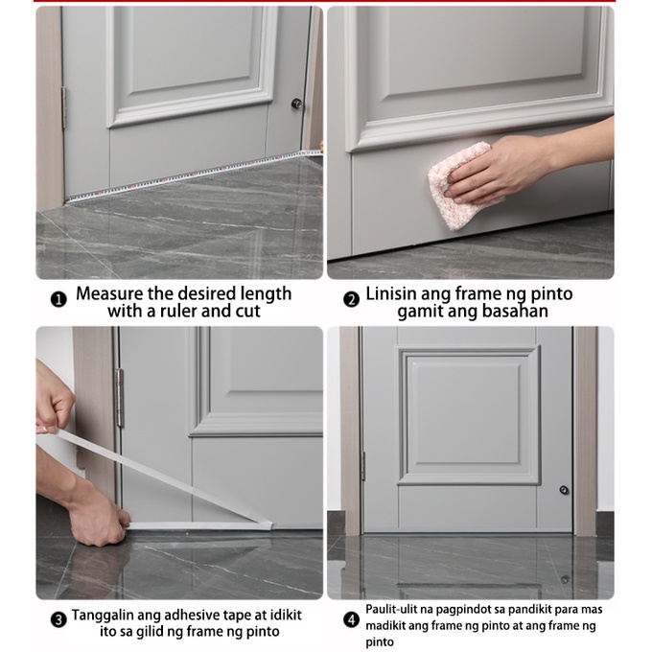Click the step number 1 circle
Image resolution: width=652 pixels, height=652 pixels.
pyautogui.click(x=58, y=299)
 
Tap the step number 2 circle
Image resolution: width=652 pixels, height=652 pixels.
pyautogui.click(x=351, y=299)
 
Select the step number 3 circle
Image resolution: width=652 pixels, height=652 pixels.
pyautogui.click(x=58, y=620)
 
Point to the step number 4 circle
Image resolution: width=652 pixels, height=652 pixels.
pyautogui.click(x=352, y=620)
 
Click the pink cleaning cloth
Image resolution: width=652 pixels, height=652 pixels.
pyautogui.click(x=457, y=183)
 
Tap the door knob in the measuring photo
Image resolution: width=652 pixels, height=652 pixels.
pyautogui.click(x=296, y=104)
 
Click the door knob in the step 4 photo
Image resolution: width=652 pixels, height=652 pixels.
pyautogui.click(x=564, y=490)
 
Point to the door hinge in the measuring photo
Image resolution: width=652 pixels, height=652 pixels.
pyautogui.click(x=64, y=107)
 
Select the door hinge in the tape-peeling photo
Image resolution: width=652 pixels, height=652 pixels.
pyautogui.click(x=119, y=398)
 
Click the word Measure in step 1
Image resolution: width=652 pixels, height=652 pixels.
pyautogui.click(x=109, y=293)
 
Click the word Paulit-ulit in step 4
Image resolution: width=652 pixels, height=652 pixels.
pyautogui.click(x=389, y=609)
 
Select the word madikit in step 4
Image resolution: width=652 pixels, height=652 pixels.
pyautogui.click(x=383, y=625)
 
